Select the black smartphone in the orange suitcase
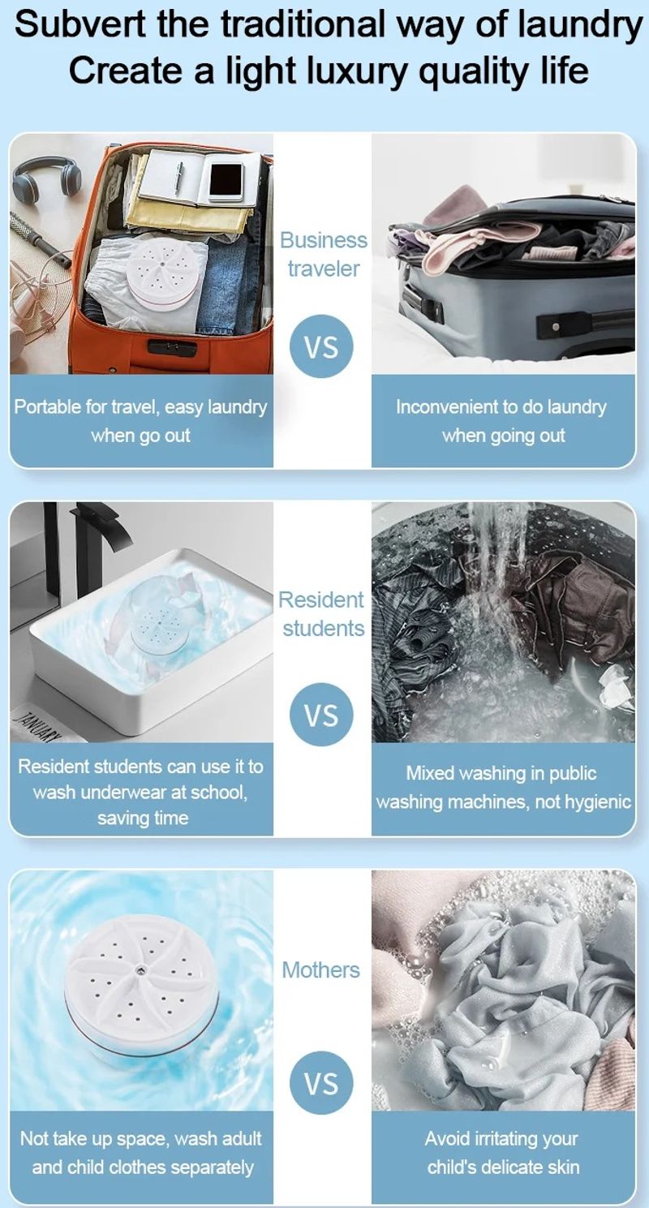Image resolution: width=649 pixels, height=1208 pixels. (x=226, y=181)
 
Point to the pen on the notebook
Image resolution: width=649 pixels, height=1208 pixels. (x=178, y=178)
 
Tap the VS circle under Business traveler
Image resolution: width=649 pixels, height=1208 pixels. (x=321, y=346)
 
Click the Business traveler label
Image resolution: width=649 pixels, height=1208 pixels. (x=323, y=255)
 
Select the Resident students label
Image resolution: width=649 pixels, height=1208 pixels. (x=322, y=614)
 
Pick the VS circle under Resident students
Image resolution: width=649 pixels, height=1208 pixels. (x=321, y=715)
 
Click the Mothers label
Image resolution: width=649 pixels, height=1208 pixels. (x=320, y=970)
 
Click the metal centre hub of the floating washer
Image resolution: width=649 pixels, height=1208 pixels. (x=140, y=971)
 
